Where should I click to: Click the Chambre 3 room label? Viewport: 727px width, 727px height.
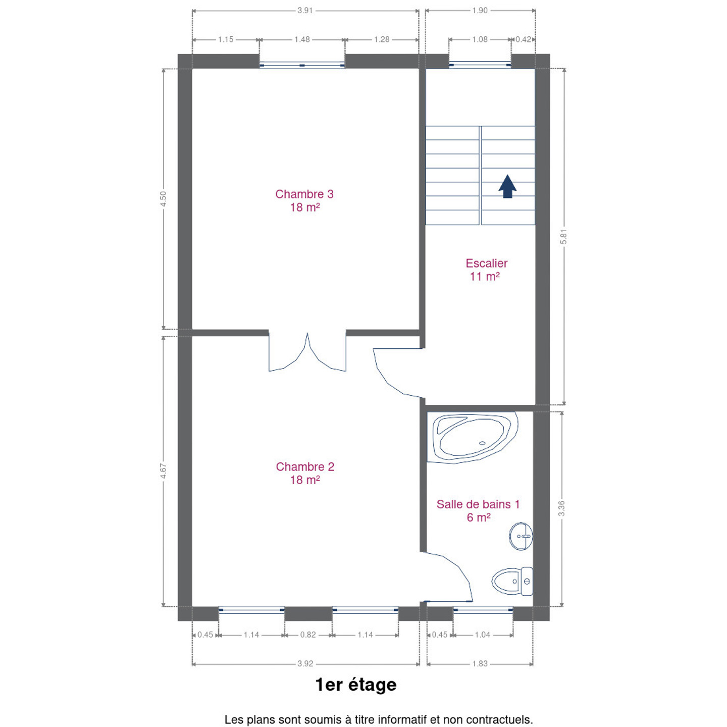[x=304, y=200]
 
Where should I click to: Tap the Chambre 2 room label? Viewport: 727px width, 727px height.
[x=305, y=473]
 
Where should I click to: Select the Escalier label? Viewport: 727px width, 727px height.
[x=486, y=270]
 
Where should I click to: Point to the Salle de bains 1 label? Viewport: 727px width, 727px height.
[x=478, y=511]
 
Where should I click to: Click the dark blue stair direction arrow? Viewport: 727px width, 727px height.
[x=507, y=186]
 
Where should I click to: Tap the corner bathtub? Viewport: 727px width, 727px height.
[x=473, y=438]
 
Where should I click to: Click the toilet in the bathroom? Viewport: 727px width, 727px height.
[x=512, y=582]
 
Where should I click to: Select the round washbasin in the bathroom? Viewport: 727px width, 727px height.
[x=521, y=536]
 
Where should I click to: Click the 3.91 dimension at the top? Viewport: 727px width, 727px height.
[x=305, y=11]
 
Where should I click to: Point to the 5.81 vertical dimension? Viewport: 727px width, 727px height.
[x=563, y=237]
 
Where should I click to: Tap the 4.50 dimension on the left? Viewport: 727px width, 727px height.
[x=163, y=198]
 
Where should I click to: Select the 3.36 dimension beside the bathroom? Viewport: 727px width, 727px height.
[x=561, y=508]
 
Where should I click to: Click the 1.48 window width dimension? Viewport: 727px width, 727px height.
[x=302, y=39]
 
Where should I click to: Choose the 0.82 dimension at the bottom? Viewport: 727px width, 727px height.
[x=308, y=635]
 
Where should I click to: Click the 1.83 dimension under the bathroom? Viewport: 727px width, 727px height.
[x=480, y=663]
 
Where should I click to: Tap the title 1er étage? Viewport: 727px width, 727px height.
[x=356, y=685]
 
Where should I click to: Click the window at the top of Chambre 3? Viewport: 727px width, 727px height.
[x=302, y=65]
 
